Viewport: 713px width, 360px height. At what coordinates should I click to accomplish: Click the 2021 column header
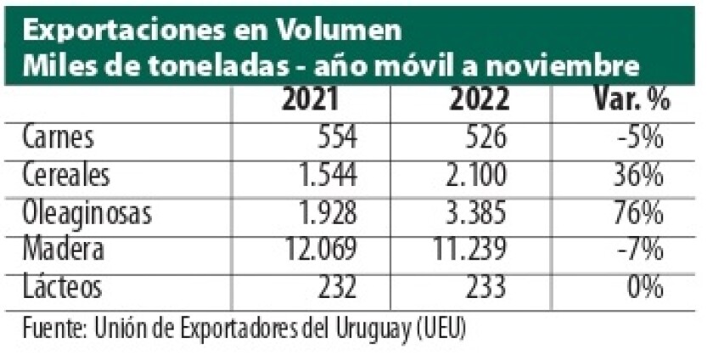point(311,101)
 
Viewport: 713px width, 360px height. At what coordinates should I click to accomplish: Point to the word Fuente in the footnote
point(53,325)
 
